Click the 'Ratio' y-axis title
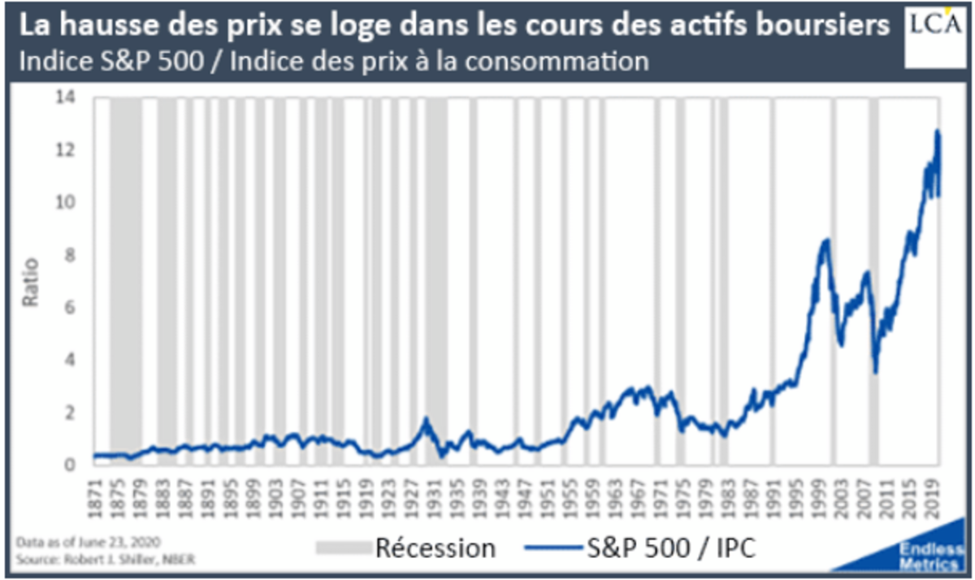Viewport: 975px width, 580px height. [x=30, y=281]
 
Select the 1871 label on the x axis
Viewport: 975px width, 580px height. [x=97, y=497]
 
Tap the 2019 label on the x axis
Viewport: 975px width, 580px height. [x=934, y=497]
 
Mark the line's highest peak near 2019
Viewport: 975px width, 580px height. [x=938, y=132]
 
